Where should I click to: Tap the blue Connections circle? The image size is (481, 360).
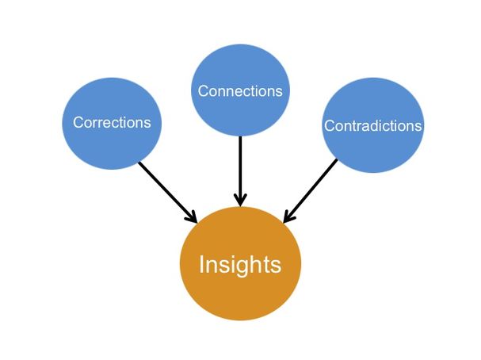(240, 90)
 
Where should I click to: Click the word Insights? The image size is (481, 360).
(240, 265)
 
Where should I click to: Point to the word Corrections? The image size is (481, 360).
(112, 122)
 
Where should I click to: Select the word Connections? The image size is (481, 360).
(240, 90)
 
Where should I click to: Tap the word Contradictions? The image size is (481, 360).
(373, 126)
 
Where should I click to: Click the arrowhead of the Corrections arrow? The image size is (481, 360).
(191, 216)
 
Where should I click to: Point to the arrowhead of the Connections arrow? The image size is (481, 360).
(240, 198)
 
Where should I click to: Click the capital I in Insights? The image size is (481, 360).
(201, 264)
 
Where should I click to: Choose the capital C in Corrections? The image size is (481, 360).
(78, 122)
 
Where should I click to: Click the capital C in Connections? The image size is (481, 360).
(203, 90)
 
